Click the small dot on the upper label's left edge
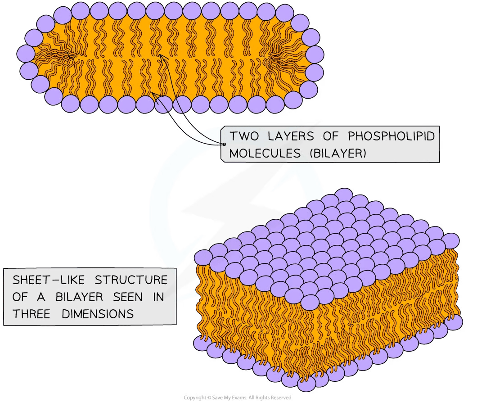coord(224,144)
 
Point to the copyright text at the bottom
coord(236,397)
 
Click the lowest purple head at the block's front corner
coord(306,383)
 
